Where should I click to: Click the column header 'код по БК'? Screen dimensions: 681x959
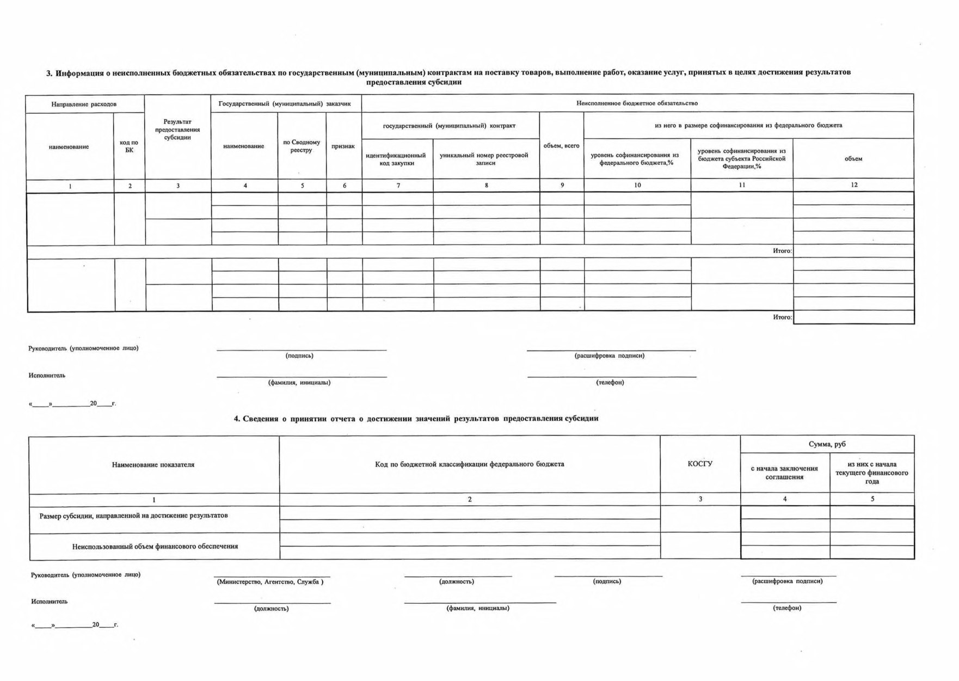coord(129,146)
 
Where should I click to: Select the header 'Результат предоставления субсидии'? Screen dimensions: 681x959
coord(177,130)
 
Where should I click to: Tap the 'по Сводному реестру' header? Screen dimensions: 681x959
coord(302,146)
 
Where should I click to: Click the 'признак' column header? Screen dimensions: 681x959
coord(343,146)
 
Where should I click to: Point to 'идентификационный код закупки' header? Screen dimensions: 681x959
coord(396,159)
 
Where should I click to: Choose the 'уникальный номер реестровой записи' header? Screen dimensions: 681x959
coord(484,159)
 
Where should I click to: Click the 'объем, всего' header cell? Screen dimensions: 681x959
coord(561,145)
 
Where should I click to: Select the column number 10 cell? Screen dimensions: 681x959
coord(637,185)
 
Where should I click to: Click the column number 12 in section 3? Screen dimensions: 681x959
coord(854,185)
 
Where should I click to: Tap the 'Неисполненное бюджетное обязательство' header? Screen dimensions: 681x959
coord(637,103)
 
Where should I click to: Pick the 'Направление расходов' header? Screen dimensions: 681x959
coord(84,104)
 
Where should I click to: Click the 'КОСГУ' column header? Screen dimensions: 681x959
coord(700,464)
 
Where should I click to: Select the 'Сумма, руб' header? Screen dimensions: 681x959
coord(827,444)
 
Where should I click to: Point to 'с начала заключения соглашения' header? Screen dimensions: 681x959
coord(784,473)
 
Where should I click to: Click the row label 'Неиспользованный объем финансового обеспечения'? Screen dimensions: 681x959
coord(155,546)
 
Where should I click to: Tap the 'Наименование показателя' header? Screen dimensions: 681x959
coord(153,464)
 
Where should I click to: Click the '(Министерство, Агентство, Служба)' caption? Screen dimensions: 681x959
coord(271,581)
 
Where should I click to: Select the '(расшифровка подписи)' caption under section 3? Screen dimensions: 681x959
coord(610,355)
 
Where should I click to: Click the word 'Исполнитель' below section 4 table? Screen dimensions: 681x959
coord(50,602)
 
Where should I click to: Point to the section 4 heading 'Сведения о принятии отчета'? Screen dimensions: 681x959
coord(416,419)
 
